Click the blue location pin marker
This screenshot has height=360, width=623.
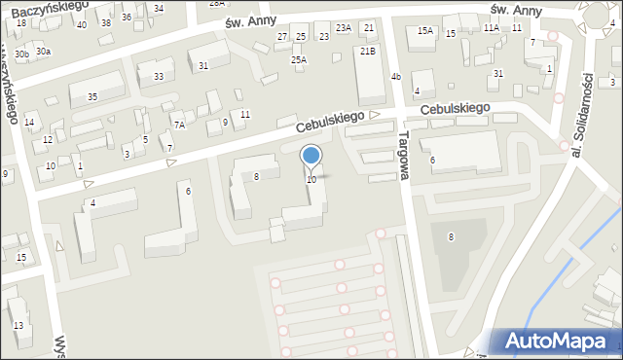[x=311, y=156]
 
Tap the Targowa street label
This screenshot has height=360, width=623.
[x=407, y=155]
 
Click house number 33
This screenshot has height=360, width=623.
[x=158, y=76]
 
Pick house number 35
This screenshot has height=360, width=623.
[x=92, y=96]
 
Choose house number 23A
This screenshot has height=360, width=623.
[x=344, y=28]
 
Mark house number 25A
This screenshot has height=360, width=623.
[x=299, y=59]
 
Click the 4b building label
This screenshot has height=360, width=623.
[x=395, y=76]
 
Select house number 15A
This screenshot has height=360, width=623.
[x=425, y=31]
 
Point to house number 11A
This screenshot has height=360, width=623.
[x=491, y=28]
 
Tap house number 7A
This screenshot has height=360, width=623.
[x=179, y=125]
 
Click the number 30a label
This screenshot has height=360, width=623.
[x=43, y=51]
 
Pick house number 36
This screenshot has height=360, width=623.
[x=126, y=18]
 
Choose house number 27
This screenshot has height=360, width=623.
[x=282, y=37]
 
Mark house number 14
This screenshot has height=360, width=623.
[x=29, y=122]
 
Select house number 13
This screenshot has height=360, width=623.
[x=18, y=325]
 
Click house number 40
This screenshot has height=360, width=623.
[x=81, y=25]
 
